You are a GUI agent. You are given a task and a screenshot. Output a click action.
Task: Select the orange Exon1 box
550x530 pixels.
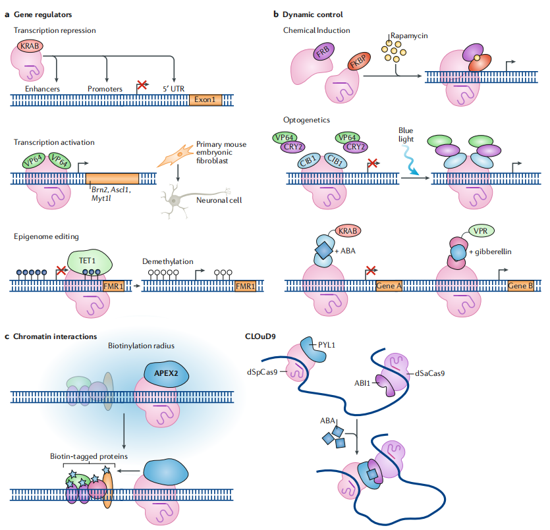[x=207, y=100]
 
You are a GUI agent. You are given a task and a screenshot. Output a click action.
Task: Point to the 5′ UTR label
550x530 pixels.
[x=173, y=88]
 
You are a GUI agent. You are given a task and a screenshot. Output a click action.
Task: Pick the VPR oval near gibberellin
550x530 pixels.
[x=482, y=232]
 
